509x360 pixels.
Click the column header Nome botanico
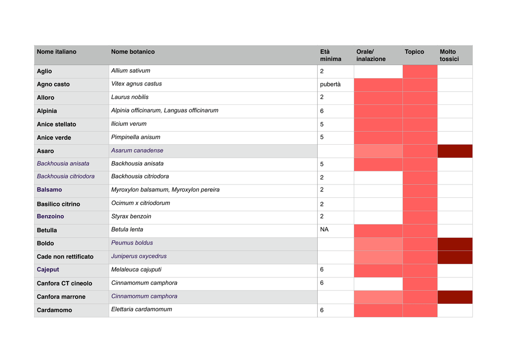(133, 52)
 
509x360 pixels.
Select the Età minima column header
(331, 55)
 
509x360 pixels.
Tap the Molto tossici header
(449, 55)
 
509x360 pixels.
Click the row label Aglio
(44, 71)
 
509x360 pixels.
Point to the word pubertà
(330, 85)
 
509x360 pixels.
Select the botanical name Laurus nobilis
(130, 97)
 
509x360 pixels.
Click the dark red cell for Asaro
(455, 151)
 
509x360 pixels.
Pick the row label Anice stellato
(57, 124)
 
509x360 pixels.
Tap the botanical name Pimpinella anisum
(136, 137)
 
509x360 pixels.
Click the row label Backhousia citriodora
(66, 176)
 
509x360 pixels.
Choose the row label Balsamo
(49, 189)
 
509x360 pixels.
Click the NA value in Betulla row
(324, 230)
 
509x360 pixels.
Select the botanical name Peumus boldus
(132, 243)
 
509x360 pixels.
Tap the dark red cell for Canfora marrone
(455, 297)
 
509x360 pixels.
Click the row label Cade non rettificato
(65, 257)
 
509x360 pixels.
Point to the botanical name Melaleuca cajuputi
(136, 270)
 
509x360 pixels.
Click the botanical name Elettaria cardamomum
(142, 309)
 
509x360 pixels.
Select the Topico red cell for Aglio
(420, 72)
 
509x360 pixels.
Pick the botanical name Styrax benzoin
(131, 216)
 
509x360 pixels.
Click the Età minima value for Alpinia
(322, 111)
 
